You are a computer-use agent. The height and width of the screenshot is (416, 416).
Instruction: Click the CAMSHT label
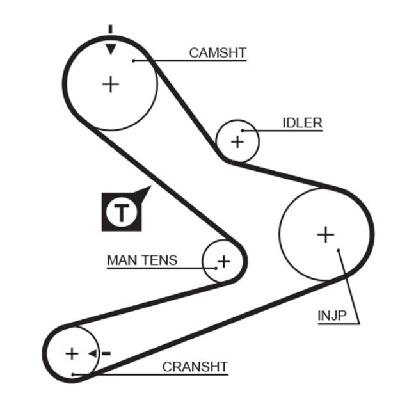[x=217, y=53]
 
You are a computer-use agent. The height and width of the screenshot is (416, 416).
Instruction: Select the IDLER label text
[x=302, y=123]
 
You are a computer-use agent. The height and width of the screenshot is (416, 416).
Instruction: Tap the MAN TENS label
[x=142, y=260]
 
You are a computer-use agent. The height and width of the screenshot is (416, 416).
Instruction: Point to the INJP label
[x=332, y=315]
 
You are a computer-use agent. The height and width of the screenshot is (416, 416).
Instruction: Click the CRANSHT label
[x=195, y=367]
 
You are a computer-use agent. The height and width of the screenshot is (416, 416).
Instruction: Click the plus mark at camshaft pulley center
[x=111, y=84]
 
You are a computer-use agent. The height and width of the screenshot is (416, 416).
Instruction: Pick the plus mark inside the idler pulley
[x=237, y=141]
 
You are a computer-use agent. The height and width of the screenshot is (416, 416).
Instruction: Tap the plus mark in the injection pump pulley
[x=326, y=235]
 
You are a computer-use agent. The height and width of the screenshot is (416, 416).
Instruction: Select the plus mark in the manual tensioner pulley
[x=223, y=261]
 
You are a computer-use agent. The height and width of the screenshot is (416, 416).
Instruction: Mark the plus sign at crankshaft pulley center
[x=72, y=353]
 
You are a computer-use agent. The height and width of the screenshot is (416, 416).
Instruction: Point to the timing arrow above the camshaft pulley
[x=111, y=48]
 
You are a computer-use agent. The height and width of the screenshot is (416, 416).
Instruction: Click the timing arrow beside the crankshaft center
[x=93, y=353]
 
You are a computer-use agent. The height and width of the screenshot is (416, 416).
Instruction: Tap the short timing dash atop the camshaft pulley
[x=111, y=29]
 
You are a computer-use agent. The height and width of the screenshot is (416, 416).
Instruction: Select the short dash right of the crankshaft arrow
[x=106, y=353]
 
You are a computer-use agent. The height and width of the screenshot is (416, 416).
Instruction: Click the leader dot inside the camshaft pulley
[x=134, y=61]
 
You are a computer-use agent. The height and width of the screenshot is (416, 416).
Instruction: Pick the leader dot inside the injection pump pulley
[x=339, y=251]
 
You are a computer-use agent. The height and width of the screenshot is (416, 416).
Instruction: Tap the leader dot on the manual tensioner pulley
[x=217, y=267]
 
